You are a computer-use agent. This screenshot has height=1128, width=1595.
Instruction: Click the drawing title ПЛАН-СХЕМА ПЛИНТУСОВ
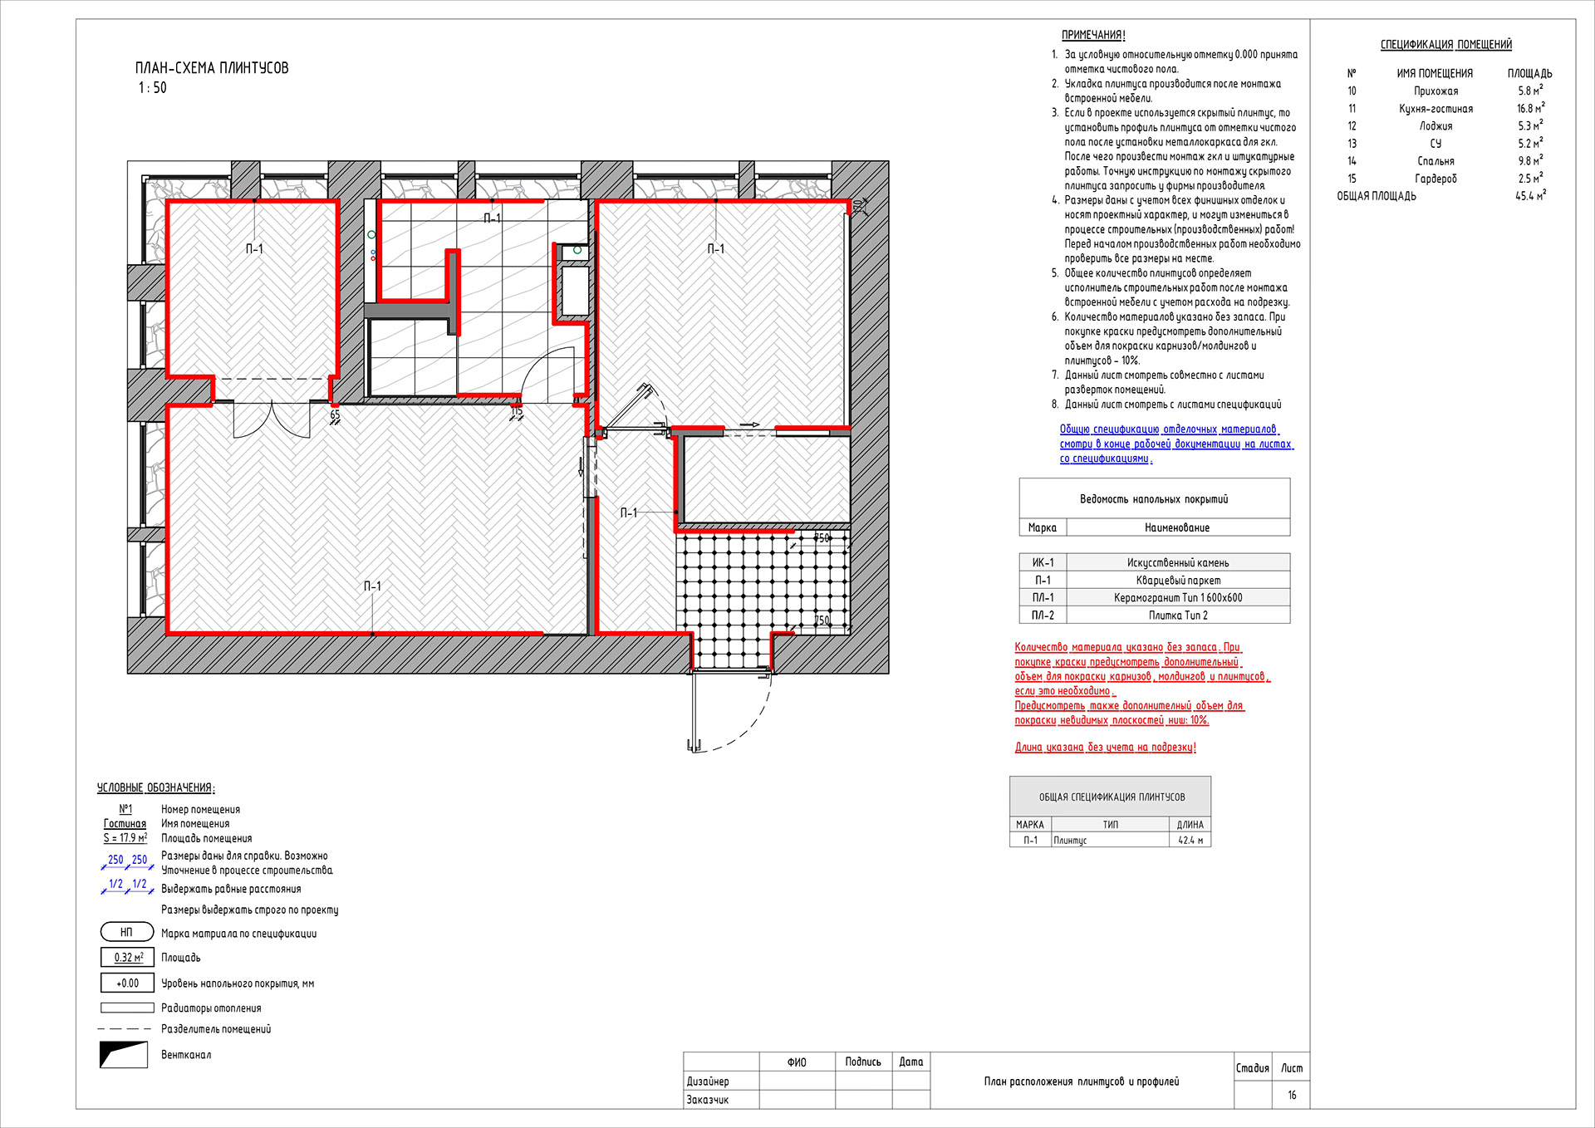212,68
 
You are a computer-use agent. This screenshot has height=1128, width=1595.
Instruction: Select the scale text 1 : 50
152,88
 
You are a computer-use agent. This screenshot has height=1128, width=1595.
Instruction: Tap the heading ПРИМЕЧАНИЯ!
1093,35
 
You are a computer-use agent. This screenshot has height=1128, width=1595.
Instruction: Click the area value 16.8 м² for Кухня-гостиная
1530,109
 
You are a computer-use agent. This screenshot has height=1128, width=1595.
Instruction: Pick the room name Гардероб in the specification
1435,179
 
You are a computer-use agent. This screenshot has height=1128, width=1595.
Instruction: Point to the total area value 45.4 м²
1530,196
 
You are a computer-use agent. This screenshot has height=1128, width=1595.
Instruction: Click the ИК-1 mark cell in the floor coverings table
1043,563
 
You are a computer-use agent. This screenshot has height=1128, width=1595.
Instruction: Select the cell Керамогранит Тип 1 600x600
1177,598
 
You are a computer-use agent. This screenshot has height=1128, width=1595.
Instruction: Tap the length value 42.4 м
1190,841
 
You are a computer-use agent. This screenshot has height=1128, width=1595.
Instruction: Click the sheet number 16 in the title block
1292,1096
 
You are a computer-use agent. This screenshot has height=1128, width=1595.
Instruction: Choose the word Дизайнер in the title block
708,1081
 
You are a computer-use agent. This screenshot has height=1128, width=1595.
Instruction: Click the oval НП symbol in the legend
127,933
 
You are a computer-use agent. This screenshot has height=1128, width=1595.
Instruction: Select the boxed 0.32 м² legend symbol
128,958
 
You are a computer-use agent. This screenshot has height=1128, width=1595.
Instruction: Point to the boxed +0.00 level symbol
127,983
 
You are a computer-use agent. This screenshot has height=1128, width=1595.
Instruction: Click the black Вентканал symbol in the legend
123,1055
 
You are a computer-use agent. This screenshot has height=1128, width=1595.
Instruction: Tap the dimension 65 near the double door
335,414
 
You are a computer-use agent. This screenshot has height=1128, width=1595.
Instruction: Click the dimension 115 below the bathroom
517,411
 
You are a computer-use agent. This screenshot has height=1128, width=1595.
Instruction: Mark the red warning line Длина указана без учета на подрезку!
1105,748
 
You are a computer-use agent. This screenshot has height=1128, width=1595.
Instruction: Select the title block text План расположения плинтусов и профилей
1081,1081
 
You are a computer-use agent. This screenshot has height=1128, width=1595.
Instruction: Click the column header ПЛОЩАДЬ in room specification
1529,74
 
